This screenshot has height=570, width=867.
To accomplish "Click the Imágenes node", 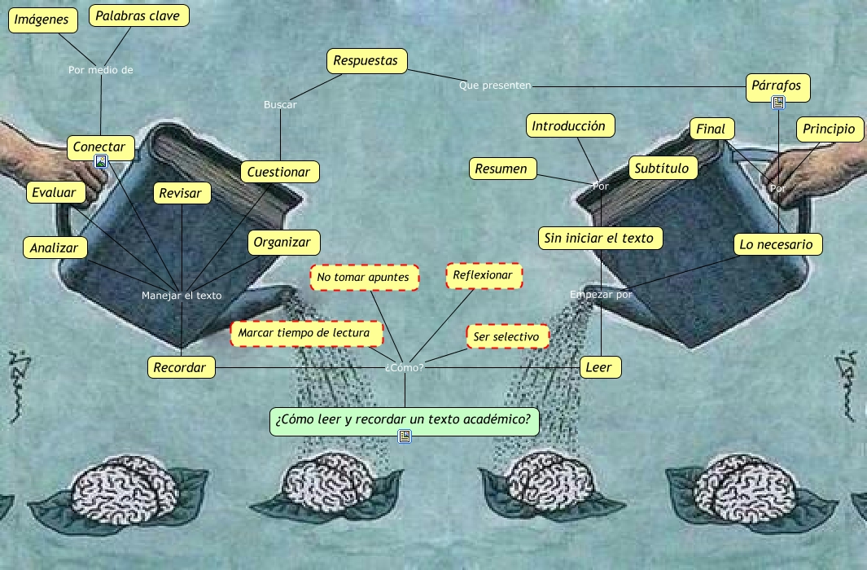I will coord(42,20).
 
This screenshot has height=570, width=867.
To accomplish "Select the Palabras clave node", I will coord(138,15).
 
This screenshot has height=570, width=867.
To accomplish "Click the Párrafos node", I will coord(777,85).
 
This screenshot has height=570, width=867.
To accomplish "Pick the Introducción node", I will coord(569,126).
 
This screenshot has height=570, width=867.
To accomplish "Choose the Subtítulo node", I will coord(663,169).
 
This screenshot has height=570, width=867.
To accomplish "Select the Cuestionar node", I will coord(279,172).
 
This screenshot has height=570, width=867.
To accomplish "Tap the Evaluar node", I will coord(55,192).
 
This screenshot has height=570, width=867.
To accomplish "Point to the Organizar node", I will coord(282,243).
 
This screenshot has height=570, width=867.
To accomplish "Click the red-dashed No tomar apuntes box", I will coord(363,278).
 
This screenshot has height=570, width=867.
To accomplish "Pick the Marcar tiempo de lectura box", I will coord(309,333).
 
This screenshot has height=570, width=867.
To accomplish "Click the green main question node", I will coord(404,421).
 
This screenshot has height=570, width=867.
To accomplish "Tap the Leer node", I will coord(598,368).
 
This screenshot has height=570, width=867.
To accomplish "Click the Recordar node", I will coord(180,368).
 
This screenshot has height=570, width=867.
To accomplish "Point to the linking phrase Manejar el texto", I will coord(182,296).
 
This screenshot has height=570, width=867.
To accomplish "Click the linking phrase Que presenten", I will coord(495,85).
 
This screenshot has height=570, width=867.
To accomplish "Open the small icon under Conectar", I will coord(101,161).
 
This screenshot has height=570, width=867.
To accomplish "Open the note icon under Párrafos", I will coord(777,102).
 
